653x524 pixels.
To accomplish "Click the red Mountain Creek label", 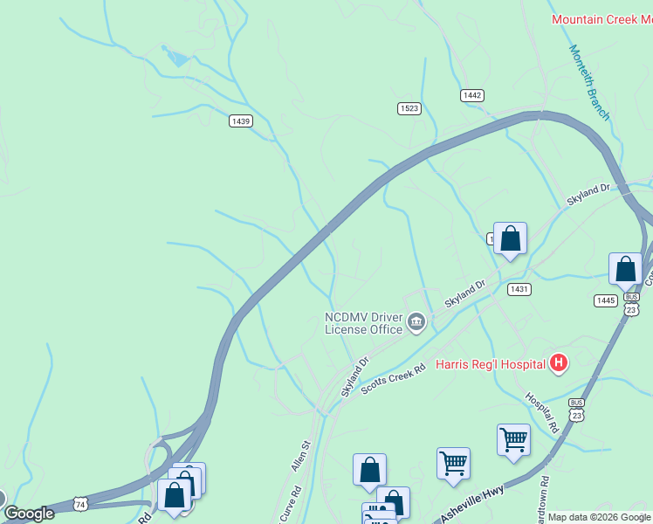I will (601, 19).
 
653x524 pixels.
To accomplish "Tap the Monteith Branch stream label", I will (589, 82).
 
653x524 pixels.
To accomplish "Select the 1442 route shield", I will (472, 94).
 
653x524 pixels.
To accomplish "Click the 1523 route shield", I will (409, 107).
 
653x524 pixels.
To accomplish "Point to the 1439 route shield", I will (241, 121).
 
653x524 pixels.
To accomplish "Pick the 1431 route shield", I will (519, 288).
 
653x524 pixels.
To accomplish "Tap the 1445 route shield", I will (606, 300).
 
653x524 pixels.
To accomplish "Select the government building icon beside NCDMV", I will (416, 324).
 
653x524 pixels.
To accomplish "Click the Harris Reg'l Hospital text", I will (490, 363).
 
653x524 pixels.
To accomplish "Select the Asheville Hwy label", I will (472, 505).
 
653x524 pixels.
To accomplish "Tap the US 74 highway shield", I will (80, 504).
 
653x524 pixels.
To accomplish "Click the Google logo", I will (29, 514).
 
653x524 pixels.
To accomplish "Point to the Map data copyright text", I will (599, 517).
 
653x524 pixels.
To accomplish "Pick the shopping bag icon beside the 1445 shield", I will (625, 269).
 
